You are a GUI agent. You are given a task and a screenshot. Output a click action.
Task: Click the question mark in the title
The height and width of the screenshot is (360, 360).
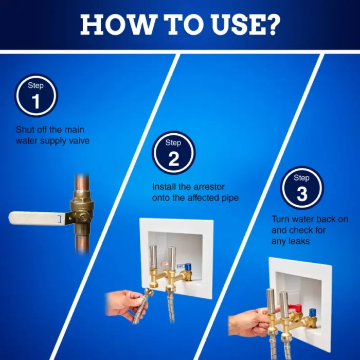tap(272, 24)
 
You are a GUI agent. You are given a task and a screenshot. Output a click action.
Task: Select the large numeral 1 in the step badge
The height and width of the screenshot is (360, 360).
tap(36, 101)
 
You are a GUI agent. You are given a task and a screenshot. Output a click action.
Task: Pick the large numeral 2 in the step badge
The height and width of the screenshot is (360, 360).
tap(174, 158)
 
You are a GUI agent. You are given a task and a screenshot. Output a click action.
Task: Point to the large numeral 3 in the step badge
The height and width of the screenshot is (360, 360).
tap(302, 194)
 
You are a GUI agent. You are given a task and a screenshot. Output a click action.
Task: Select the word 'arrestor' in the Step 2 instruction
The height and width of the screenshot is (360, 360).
tap(209, 187)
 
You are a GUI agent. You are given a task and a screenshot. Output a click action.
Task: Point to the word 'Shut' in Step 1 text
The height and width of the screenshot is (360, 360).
tap(24, 130)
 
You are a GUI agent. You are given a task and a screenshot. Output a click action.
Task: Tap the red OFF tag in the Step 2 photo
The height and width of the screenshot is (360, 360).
tap(164, 264)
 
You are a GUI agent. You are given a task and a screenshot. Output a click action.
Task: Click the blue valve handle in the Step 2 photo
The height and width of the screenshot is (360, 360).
tap(188, 267)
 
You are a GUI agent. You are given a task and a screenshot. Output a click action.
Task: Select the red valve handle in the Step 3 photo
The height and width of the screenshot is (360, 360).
tap(295, 308)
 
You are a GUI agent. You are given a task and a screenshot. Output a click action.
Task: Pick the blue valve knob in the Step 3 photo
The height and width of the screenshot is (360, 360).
tap(312, 312)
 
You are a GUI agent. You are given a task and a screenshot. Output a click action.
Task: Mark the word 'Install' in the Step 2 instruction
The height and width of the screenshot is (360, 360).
tap(164, 187)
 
